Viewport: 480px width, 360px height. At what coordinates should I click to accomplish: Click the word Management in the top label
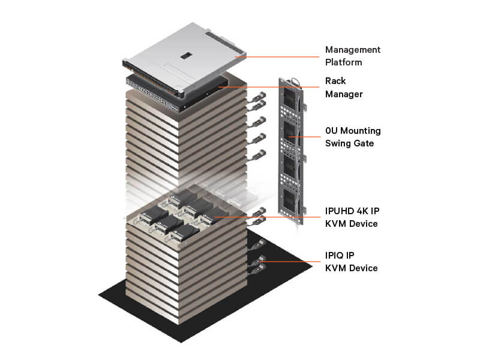click(353, 50)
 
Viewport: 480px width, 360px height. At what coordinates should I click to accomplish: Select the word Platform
click(343, 62)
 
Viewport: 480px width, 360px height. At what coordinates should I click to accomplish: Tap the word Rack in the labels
click(335, 81)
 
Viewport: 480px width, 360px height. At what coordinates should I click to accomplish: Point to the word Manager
click(344, 94)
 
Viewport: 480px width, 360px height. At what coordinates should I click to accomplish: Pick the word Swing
click(337, 143)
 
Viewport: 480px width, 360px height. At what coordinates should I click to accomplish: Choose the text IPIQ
click(335, 256)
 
